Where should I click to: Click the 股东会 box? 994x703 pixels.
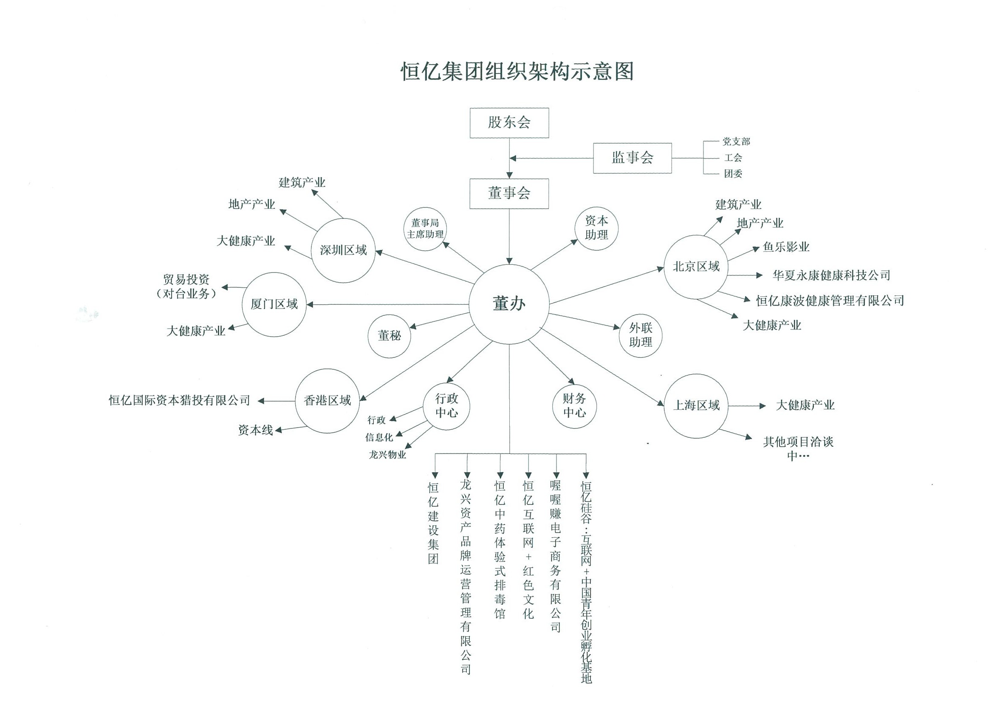click(x=509, y=123)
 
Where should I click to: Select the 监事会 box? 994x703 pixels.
click(x=632, y=158)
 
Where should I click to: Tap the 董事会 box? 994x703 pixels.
click(x=509, y=194)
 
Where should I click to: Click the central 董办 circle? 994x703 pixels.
click(x=509, y=304)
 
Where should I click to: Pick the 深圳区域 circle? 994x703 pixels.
click(x=343, y=250)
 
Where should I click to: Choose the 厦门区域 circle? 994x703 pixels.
click(x=274, y=304)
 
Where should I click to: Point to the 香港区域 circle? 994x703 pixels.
click(x=327, y=401)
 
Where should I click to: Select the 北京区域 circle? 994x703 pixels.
click(x=696, y=267)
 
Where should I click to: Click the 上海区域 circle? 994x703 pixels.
click(x=696, y=406)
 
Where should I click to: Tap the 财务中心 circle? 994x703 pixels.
click(x=574, y=406)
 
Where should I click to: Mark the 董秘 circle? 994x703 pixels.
click(x=389, y=336)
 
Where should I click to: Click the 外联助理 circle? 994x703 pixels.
click(x=640, y=336)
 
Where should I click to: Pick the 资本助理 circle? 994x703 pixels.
click(x=596, y=228)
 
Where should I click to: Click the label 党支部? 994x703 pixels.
click(x=736, y=142)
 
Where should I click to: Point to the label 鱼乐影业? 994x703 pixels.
click(x=786, y=247)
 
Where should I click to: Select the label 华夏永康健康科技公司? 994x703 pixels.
click(x=831, y=275)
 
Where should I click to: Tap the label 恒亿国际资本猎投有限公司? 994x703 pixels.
click(x=180, y=401)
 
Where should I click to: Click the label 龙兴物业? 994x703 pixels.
click(x=387, y=455)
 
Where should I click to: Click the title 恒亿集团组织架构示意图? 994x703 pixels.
click(x=517, y=71)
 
